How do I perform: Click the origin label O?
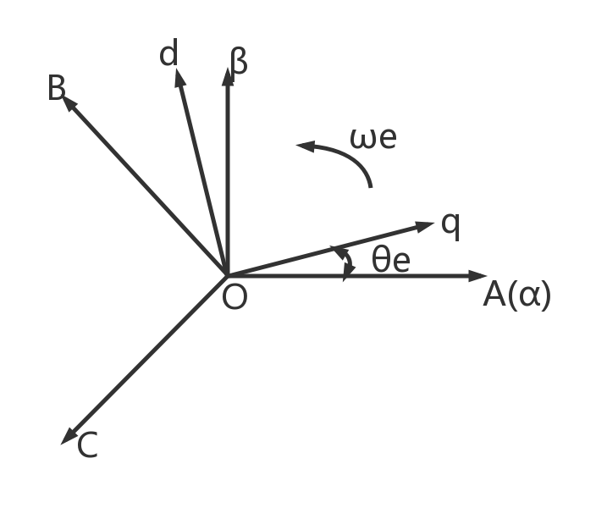pyautogui.click(x=235, y=298)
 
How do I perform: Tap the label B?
pyautogui.click(x=56, y=88)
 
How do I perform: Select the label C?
pyautogui.click(x=87, y=445)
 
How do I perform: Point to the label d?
pyautogui.click(x=169, y=55)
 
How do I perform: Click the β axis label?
pyautogui.click(x=240, y=61)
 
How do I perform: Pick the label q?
pyautogui.click(x=451, y=224)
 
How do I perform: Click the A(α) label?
pyautogui.click(x=516, y=295)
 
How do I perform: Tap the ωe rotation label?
pyautogui.click(x=372, y=137)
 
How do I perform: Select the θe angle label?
pyautogui.click(x=390, y=261)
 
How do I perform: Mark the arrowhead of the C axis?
pyautogui.click(x=69, y=437)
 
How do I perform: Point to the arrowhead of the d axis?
pyautogui.click(x=179, y=77)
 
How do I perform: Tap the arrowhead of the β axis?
pyautogui.click(x=227, y=75)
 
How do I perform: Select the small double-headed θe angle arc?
pyautogui.click(x=347, y=262)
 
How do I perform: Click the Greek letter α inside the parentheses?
pyautogui.click(x=531, y=295)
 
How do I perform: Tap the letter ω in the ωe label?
pyautogui.click(x=362, y=138)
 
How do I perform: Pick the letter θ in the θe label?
pyautogui.click(x=381, y=260)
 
